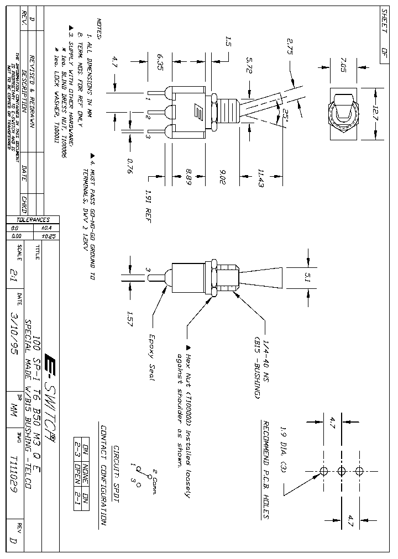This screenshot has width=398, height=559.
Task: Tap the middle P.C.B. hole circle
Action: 341,471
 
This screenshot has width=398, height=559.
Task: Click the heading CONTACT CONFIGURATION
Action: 103,476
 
